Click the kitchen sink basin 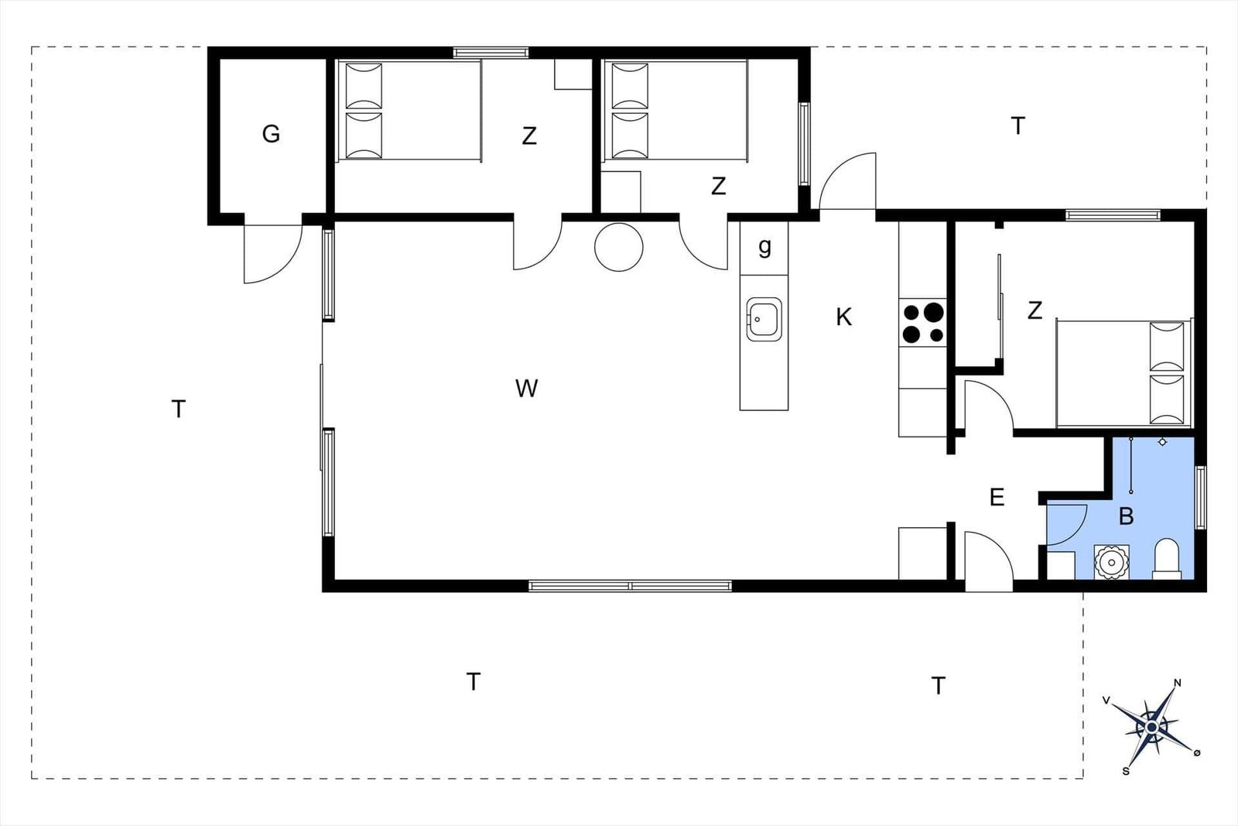click(x=764, y=319)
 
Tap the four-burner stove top click(x=922, y=323)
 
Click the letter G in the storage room click(x=271, y=134)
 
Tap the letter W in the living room click(x=526, y=388)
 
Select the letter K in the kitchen click(x=843, y=317)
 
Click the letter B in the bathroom click(x=1126, y=516)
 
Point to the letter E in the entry click(x=997, y=498)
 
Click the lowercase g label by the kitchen click(x=764, y=247)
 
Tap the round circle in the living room click(x=618, y=247)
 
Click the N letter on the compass click(x=1177, y=683)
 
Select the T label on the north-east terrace click(x=1017, y=126)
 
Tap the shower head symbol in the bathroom click(x=1162, y=442)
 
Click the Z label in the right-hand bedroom click(x=1035, y=310)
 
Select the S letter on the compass click(x=1126, y=771)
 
